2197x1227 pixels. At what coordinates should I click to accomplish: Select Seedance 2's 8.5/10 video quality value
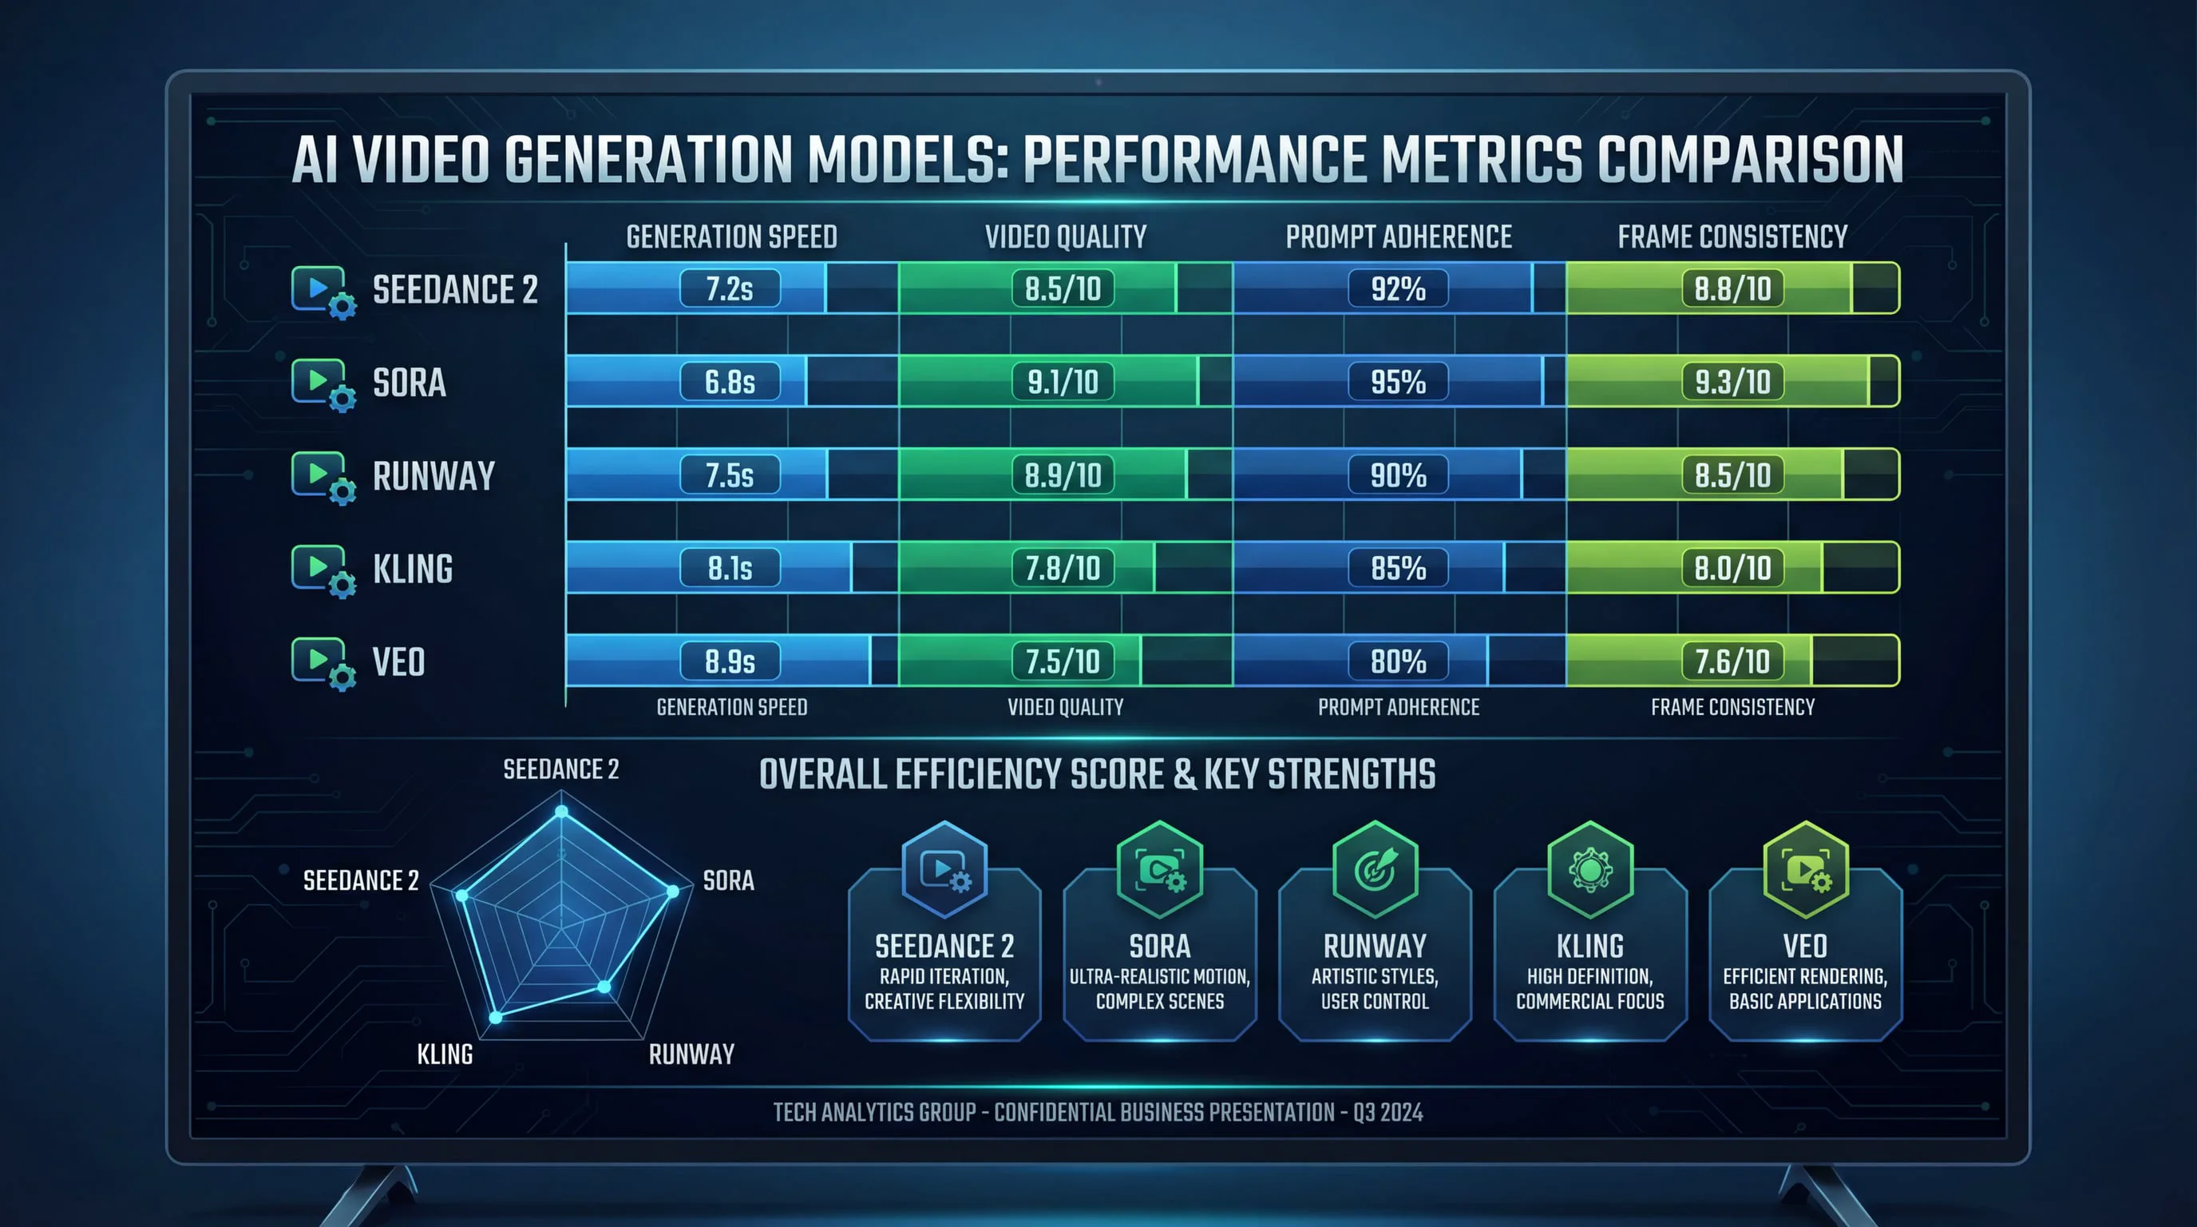coord(1063,288)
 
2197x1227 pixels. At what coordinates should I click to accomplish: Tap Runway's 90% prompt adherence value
coord(1398,475)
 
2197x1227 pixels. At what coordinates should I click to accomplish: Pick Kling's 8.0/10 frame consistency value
coord(1732,568)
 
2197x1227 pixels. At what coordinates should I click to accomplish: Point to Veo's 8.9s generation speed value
coord(730,661)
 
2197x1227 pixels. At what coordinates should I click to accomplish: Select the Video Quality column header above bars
coord(1065,236)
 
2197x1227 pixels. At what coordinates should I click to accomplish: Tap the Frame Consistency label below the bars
coord(1732,707)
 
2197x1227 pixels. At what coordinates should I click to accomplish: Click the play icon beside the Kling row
coord(317,566)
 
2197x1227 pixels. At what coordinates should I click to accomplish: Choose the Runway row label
coord(433,476)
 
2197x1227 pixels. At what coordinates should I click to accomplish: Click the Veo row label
coord(398,662)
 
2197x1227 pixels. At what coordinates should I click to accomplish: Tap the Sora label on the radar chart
coord(727,880)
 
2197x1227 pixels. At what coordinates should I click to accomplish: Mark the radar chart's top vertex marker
coord(561,811)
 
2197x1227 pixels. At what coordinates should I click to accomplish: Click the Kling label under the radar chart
coord(445,1054)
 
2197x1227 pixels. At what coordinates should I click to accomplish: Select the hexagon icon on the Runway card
coord(1375,869)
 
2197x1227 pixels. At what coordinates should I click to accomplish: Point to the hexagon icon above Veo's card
coord(1806,869)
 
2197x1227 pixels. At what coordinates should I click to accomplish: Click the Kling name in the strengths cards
coord(1589,947)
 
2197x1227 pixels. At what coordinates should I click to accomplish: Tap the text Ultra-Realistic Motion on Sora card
coord(1159,976)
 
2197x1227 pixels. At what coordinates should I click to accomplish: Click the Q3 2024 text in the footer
coord(1387,1113)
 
